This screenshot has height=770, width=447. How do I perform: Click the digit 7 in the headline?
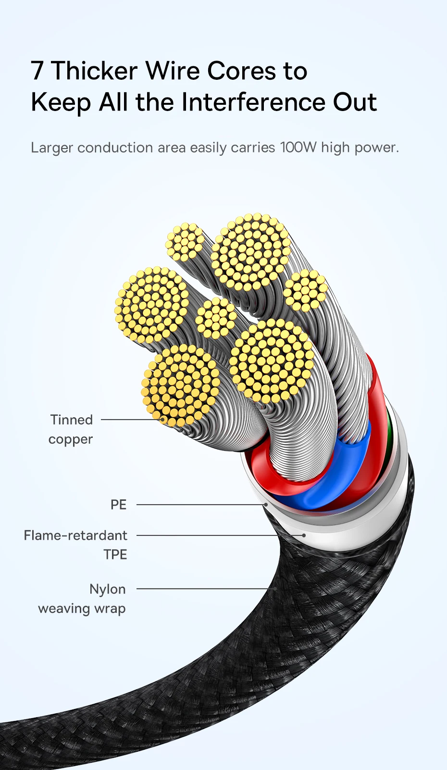pos(37,71)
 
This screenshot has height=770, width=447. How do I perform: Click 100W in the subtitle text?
pos(298,147)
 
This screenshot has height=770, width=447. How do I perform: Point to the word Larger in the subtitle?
pos(52,148)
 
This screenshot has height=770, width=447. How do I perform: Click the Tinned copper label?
pos(71,429)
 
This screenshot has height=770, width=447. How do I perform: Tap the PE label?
pos(118,505)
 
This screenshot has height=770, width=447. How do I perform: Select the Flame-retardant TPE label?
pos(76,545)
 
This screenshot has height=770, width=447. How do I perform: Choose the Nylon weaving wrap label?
pos(83,599)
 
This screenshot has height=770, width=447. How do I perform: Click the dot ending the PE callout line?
pos(265,505)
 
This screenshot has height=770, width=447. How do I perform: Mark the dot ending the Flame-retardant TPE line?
pos(304,535)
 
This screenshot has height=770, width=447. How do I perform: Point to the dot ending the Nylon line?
pos(274,588)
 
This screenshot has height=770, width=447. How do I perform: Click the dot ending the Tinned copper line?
pos(163,420)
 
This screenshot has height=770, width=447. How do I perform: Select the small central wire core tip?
pos(216,318)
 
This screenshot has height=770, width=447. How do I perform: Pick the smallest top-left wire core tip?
pos(185,242)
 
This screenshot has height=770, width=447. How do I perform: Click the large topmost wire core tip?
pos(250,252)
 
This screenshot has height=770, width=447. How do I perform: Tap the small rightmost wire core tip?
pos(305,290)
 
